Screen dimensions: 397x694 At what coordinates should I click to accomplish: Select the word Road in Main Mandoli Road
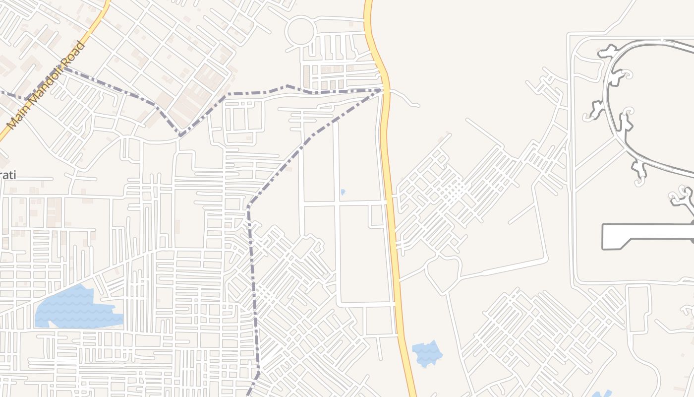(74, 54)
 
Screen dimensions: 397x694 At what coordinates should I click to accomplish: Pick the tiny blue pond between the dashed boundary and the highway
(343, 192)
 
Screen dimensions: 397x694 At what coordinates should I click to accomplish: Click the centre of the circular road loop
(300, 30)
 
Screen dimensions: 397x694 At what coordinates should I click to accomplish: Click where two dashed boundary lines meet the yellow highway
(383, 90)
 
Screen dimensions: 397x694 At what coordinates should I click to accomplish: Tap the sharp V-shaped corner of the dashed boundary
(180, 134)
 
